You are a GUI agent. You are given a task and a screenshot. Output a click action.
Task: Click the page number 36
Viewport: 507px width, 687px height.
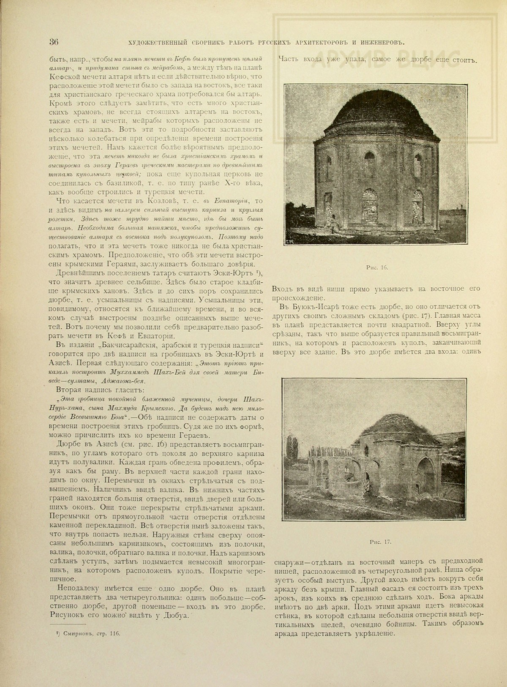point(53,41)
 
